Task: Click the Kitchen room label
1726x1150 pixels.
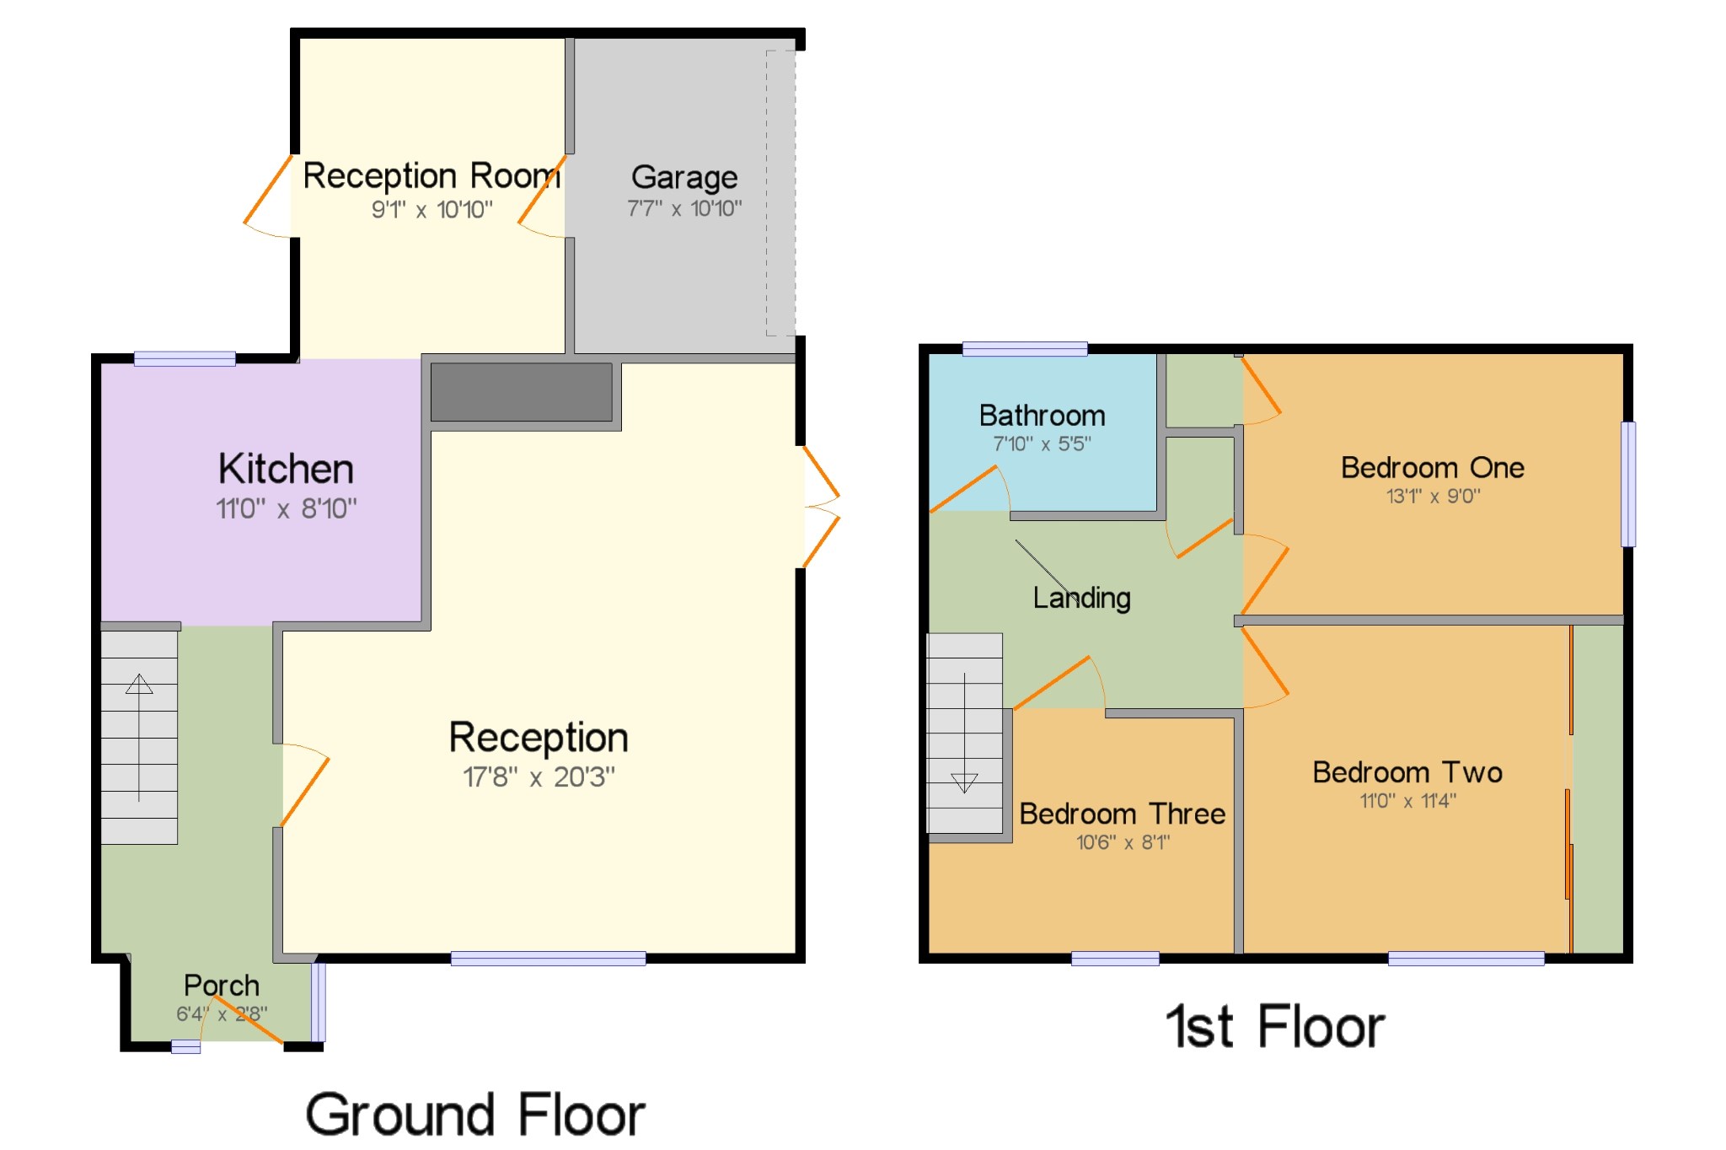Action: (286, 469)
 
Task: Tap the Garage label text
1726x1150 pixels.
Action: (684, 177)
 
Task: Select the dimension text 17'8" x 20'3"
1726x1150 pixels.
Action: (539, 777)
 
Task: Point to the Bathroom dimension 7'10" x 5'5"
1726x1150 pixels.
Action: (1042, 443)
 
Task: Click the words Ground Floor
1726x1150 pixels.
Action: (475, 1115)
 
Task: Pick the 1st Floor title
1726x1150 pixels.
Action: (1275, 1027)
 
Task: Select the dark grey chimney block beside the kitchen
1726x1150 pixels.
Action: (522, 392)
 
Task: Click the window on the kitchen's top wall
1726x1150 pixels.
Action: (185, 359)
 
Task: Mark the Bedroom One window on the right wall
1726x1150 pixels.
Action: (1629, 484)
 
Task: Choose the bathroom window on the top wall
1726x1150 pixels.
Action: (1025, 349)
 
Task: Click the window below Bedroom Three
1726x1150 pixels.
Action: (1115, 959)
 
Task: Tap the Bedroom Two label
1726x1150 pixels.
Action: (1407, 772)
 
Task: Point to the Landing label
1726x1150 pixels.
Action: (1082, 598)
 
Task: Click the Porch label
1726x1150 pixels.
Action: (222, 986)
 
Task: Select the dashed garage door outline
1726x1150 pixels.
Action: (780, 193)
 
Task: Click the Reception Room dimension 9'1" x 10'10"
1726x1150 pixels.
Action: (432, 209)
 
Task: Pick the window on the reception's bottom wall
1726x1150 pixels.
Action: (549, 959)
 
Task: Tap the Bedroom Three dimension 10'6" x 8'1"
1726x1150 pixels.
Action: (1123, 842)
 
